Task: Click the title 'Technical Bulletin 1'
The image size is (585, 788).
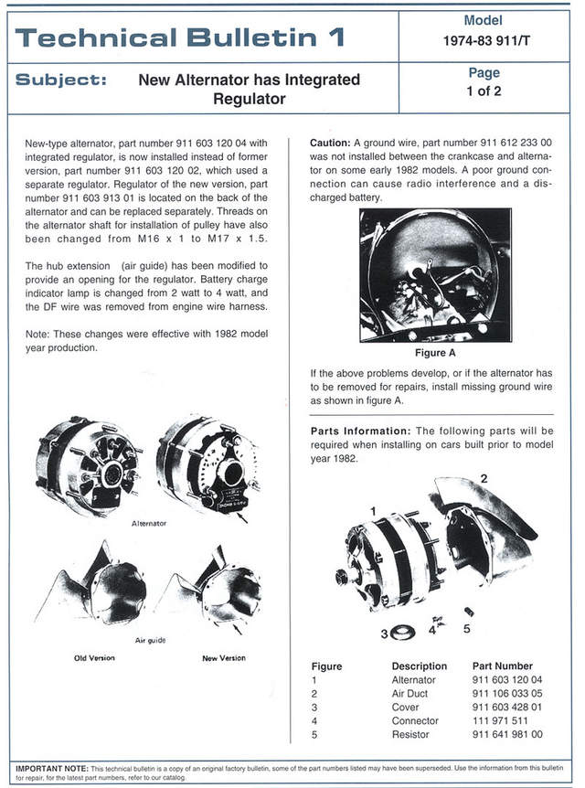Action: coord(179,37)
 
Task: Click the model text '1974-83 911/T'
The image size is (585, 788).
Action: coord(483,41)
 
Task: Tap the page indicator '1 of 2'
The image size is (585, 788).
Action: coord(483,91)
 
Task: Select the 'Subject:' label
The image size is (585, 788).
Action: coord(61,80)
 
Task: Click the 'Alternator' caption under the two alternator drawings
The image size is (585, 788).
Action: coord(149,524)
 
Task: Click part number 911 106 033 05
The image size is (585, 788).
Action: coord(507,694)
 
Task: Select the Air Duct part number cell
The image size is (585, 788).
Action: coord(507,694)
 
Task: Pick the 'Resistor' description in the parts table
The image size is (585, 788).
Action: coord(411,734)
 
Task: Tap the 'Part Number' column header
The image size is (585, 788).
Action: coord(502,666)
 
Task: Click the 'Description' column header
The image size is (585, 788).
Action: coord(419,666)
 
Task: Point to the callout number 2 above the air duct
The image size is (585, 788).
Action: coord(484,479)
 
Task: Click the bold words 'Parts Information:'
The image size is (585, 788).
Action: coord(361,431)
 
